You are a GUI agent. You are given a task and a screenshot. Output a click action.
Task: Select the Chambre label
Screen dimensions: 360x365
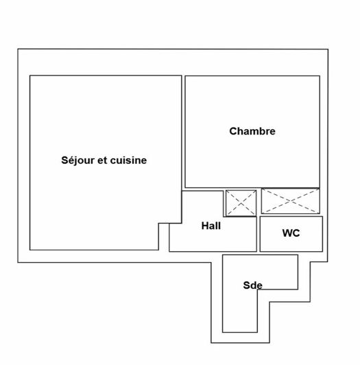[252, 131]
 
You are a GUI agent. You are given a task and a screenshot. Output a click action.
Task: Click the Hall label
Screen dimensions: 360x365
[211, 226]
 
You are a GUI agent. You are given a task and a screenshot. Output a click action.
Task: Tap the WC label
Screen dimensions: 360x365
[291, 233]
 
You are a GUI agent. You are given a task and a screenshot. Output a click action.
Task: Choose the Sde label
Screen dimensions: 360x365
[253, 285]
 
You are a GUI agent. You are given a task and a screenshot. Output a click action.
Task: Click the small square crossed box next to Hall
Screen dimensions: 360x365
[241, 203]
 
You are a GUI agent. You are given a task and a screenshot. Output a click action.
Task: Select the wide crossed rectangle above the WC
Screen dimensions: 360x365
[291, 201]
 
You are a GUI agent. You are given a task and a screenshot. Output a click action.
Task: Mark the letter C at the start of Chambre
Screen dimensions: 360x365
[233, 131]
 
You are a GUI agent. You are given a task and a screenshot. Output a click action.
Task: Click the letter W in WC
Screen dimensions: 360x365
[287, 233]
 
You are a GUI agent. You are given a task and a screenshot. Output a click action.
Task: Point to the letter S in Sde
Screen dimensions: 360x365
[246, 285]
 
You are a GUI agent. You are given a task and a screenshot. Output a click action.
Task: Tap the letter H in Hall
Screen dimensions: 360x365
[205, 226]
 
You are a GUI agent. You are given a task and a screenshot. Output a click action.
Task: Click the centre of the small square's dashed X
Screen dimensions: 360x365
[241, 203]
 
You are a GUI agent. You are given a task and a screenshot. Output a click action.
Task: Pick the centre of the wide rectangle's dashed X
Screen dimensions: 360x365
[291, 201]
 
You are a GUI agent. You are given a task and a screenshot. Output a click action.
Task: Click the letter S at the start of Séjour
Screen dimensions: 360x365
[64, 161]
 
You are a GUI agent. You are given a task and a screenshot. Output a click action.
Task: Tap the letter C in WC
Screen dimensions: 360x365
[296, 233]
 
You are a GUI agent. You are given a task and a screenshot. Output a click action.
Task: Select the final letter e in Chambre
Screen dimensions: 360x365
[272, 132]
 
